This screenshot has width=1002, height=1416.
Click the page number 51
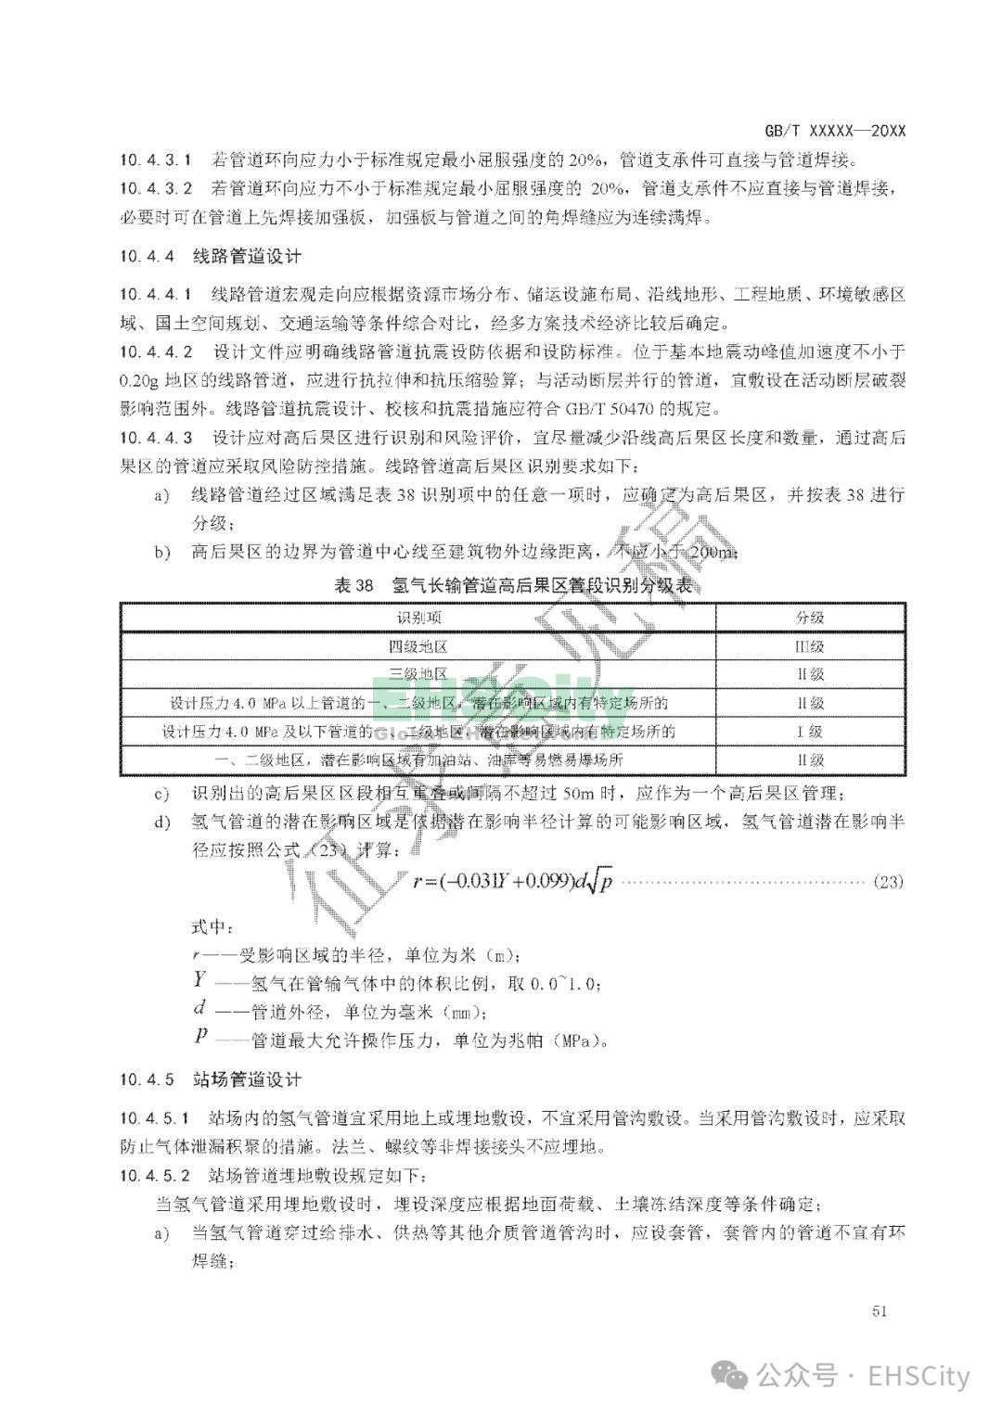click(881, 1310)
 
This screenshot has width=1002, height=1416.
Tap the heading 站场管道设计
click(247, 1079)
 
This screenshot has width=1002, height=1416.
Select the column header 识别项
click(419, 618)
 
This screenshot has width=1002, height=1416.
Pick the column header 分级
click(810, 618)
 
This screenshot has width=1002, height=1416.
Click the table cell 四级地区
click(419, 646)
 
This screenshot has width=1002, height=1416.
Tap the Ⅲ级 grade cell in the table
click(810, 646)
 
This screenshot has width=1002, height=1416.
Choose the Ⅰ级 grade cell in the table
click(810, 732)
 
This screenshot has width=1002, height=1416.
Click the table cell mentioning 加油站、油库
click(419, 759)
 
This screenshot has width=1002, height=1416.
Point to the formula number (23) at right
click(888, 881)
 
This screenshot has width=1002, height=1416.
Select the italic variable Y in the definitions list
click(199, 979)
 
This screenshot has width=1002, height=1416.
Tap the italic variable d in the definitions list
click(199, 1008)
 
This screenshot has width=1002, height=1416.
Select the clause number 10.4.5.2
click(156, 1176)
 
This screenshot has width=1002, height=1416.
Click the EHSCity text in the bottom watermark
click(918, 1376)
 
